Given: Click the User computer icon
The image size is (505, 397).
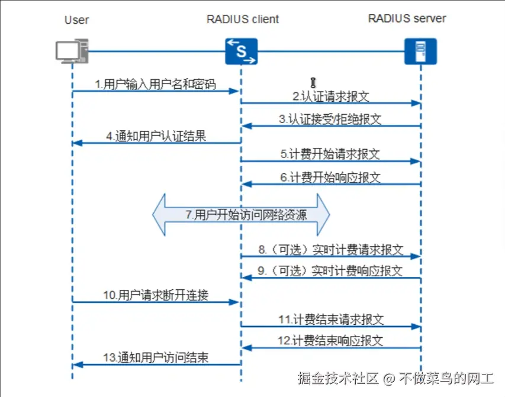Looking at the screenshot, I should pyautogui.click(x=72, y=51).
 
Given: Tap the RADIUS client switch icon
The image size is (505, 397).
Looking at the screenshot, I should pyautogui.click(x=242, y=51).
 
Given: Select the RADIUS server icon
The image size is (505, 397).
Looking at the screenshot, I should pyautogui.click(x=420, y=51).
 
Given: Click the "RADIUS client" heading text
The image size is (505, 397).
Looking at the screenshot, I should pyautogui.click(x=243, y=19).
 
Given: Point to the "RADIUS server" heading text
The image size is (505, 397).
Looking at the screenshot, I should pyautogui.click(x=407, y=18).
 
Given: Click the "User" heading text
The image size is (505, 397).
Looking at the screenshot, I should pyautogui.click(x=76, y=20).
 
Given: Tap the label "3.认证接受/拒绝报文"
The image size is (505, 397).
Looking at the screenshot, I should pyautogui.click(x=330, y=118).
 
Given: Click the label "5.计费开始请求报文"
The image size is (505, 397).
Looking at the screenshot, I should pyautogui.click(x=330, y=154).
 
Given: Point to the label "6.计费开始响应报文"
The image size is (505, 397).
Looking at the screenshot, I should pyautogui.click(x=330, y=176).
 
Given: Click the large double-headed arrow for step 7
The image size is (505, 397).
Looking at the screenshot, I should pyautogui.click(x=241, y=215).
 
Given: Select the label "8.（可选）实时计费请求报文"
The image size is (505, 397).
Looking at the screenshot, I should pyautogui.click(x=330, y=249).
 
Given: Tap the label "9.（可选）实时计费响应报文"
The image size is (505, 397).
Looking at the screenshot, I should pyautogui.click(x=330, y=271).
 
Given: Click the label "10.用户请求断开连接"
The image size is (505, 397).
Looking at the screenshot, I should pyautogui.click(x=156, y=295).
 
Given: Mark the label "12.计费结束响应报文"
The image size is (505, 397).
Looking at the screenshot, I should pyautogui.click(x=330, y=341).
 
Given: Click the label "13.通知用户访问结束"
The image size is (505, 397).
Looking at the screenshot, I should pyautogui.click(x=156, y=358).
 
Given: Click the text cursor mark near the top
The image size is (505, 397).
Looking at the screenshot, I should pyautogui.click(x=314, y=82).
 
